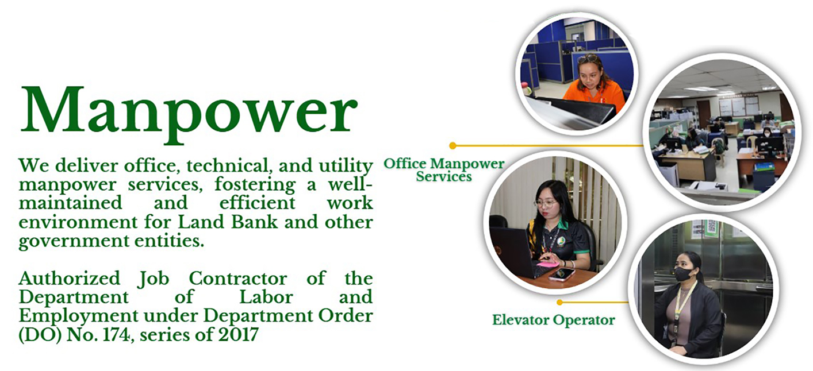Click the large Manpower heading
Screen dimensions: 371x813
tap(189, 109)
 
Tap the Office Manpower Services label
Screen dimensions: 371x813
tap(444, 169)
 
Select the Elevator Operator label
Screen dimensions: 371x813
tap(553, 320)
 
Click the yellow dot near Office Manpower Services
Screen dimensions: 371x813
tap(452, 145)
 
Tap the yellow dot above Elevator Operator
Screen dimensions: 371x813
tap(559, 302)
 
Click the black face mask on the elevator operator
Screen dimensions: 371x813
tap(684, 274)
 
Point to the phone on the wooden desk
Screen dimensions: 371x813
tap(561, 275)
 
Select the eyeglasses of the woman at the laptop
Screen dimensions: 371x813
tap(545, 203)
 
